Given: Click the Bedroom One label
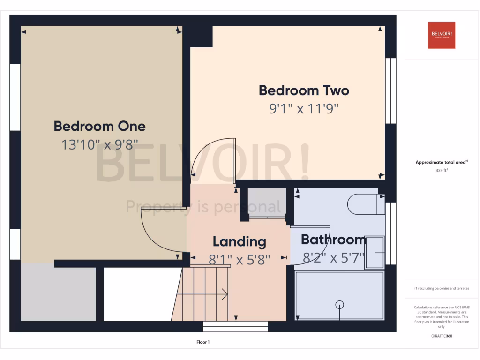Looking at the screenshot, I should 99,126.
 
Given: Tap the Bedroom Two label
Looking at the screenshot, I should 304,90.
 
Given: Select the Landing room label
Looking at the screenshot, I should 239,242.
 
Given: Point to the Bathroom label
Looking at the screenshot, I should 333,240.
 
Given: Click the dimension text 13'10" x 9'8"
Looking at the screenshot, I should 99,144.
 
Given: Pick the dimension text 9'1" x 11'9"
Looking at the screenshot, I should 304,109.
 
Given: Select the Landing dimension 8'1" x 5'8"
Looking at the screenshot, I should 239,259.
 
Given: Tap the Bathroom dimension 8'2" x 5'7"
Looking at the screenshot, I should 333,257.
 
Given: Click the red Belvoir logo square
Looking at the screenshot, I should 442,35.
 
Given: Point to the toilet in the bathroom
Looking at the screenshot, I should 366,204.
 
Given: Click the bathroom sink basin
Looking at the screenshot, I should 375,252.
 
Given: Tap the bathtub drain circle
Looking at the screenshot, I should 339,305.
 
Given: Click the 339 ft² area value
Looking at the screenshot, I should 442,171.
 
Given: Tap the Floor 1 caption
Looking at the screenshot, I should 203,342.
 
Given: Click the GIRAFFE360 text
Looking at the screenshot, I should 442,336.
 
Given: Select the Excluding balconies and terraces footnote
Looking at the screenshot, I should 442,288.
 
